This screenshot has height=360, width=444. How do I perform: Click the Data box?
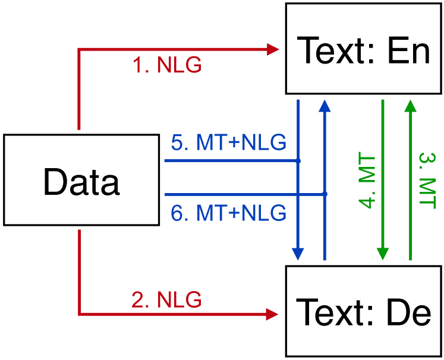(82, 180)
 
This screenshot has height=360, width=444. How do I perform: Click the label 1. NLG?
(167, 65)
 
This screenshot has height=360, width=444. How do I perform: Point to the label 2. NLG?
(167, 299)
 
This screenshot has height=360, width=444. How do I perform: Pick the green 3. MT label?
(427, 181)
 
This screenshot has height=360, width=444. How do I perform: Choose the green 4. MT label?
(367, 181)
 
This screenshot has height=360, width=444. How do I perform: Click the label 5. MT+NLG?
(229, 143)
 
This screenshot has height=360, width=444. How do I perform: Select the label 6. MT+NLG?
(229, 211)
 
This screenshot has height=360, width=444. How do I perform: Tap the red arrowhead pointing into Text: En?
(274, 49)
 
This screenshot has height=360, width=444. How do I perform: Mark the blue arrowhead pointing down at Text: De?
(298, 254)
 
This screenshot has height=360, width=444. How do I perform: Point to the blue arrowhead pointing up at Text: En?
(325, 106)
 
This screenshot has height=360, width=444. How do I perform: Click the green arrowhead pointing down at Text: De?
(382, 254)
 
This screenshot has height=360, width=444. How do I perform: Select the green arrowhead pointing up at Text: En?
(410, 106)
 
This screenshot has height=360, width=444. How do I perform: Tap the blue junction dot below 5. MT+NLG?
(298, 160)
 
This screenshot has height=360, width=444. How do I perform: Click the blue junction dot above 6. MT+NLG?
(325, 194)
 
